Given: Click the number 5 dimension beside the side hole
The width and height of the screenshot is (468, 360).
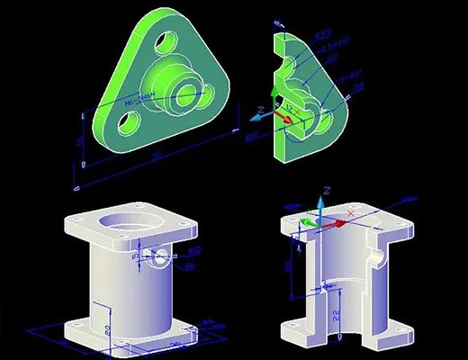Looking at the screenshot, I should click(x=136, y=256).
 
